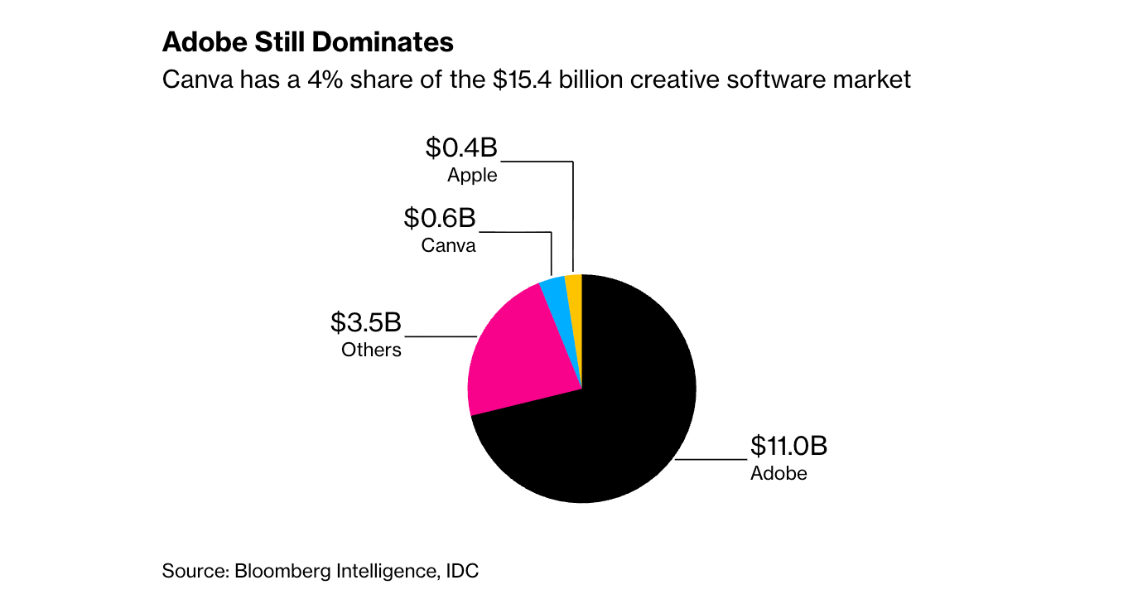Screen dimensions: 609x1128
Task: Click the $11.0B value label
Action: click(788, 447)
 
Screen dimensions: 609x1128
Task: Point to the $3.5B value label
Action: click(366, 322)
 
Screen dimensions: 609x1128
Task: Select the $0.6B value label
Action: click(440, 219)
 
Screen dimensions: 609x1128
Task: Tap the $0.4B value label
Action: click(461, 148)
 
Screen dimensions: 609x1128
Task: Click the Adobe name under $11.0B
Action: click(779, 474)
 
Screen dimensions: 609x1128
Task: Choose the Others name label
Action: click(371, 350)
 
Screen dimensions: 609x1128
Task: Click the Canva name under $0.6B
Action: click(448, 245)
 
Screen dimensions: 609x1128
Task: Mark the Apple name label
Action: click(472, 175)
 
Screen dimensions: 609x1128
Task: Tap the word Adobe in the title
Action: click(196, 42)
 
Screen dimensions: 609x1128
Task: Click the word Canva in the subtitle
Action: click(191, 80)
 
